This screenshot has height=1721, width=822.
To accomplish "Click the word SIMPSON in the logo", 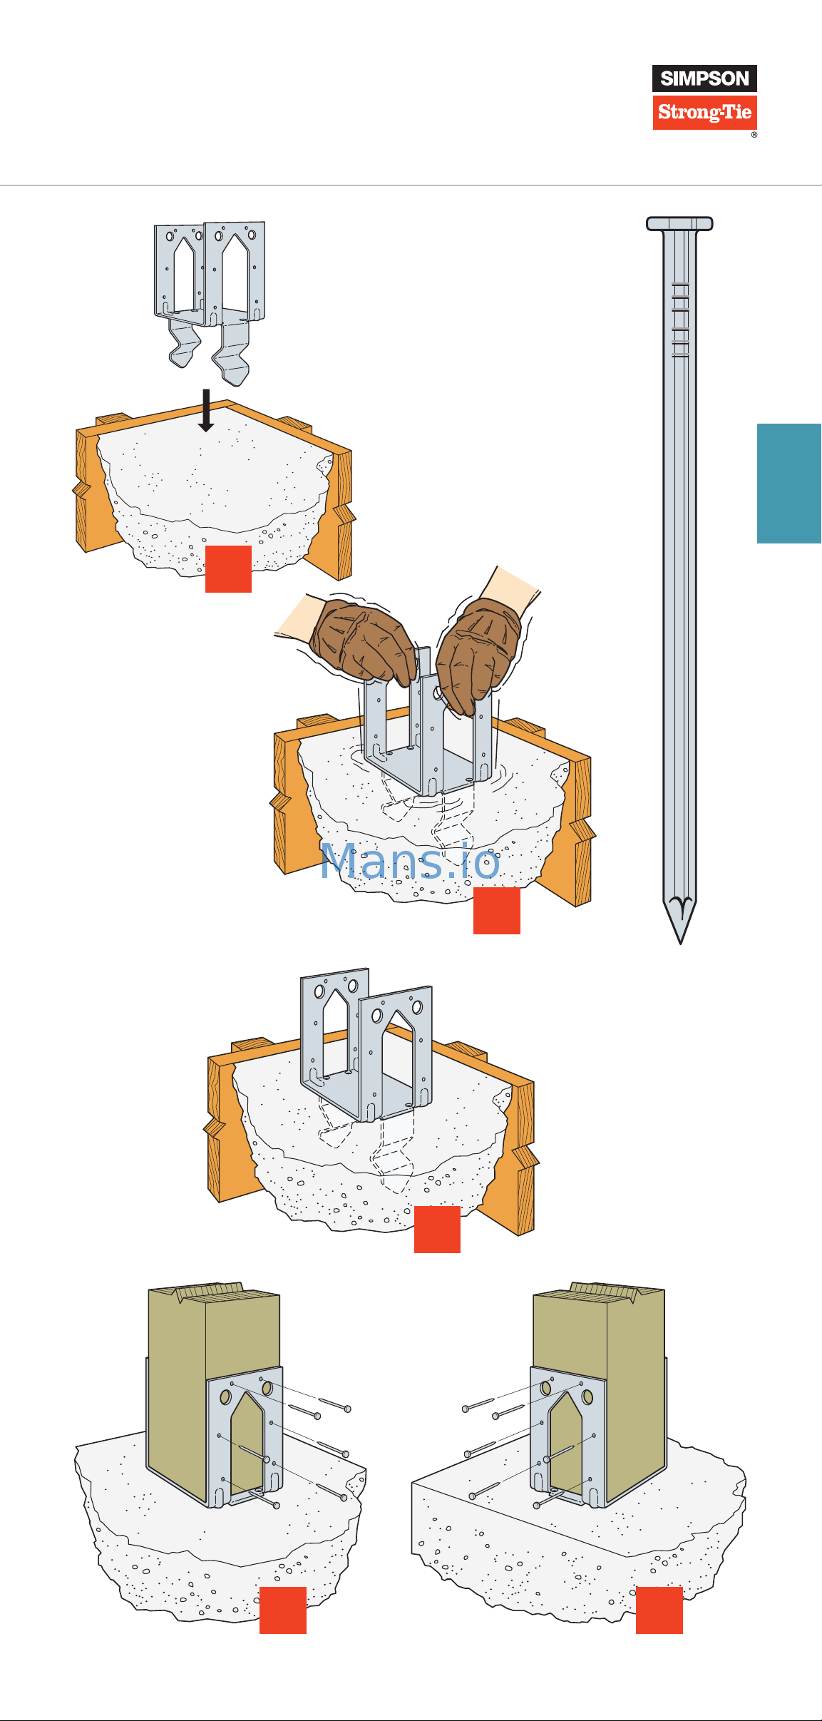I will (x=704, y=78).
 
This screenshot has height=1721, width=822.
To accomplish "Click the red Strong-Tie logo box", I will (x=704, y=113).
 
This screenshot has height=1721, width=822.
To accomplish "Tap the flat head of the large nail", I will (x=679, y=223).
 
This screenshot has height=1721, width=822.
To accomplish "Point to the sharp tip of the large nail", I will (x=680, y=939).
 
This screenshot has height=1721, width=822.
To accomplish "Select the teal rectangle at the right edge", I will (x=789, y=484).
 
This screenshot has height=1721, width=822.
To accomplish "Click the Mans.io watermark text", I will (x=410, y=862).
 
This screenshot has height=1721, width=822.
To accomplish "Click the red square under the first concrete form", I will (x=228, y=569).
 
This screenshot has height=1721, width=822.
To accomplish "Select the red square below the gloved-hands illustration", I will (x=497, y=911).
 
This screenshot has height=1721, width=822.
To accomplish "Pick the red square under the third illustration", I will (x=437, y=1230).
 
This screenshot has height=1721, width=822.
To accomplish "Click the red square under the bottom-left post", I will (x=283, y=1610).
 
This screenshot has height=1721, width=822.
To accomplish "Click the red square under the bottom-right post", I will (x=659, y=1610).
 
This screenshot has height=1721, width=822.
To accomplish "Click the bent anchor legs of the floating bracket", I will (x=210, y=349).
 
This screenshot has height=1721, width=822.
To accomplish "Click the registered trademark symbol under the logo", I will (x=754, y=135).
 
